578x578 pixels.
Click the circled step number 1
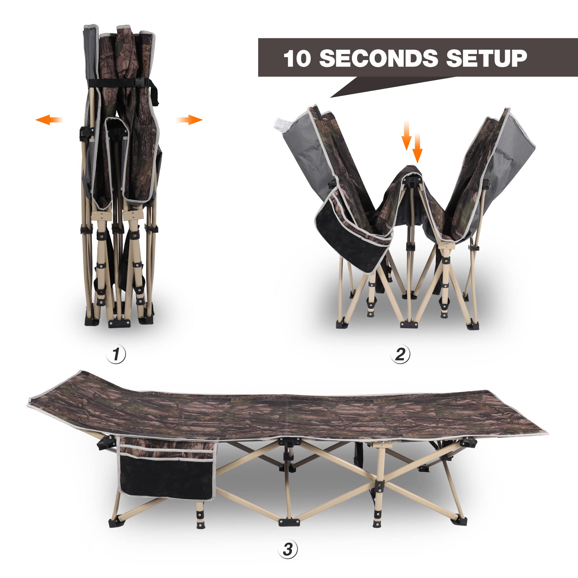pos(116,355)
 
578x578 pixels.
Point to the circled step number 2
pos(400,354)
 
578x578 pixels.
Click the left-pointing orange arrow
pos(49,120)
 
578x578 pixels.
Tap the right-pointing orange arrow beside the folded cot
pos(189,120)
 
